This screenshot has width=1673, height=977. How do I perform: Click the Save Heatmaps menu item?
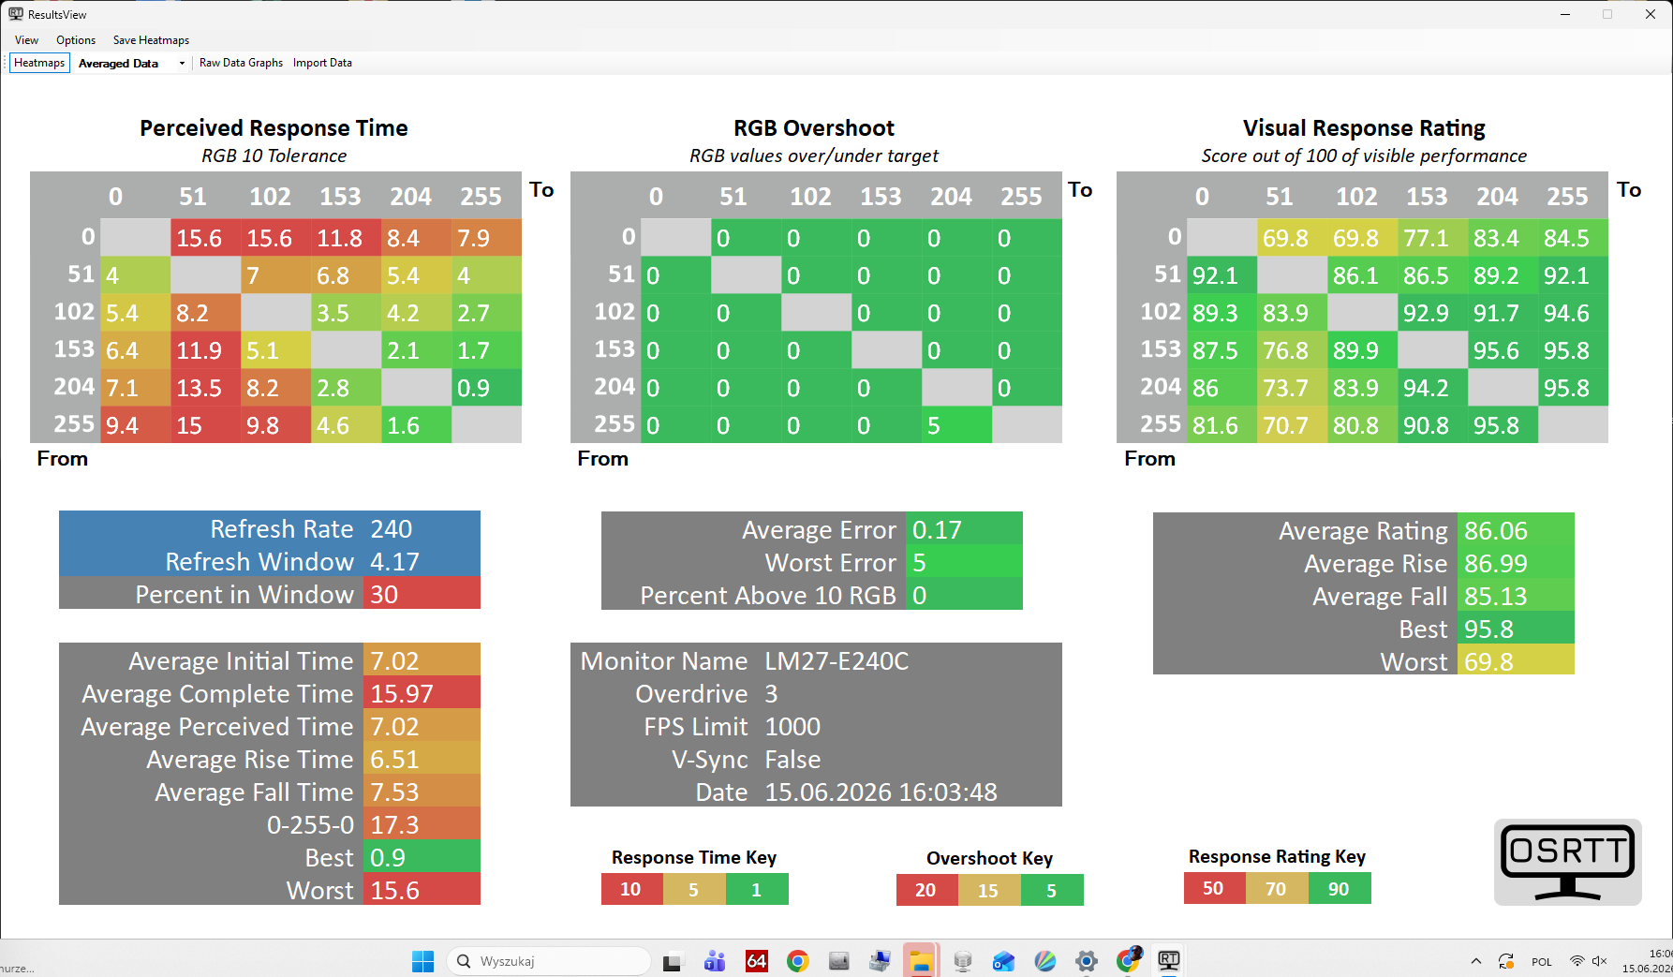coord(151,40)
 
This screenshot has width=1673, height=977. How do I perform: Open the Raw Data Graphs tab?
coord(241,63)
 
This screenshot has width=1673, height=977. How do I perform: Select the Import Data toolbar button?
coord(322,63)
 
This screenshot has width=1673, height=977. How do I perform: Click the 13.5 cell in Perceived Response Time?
coord(205,387)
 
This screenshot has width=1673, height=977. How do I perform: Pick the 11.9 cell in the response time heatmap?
coord(205,349)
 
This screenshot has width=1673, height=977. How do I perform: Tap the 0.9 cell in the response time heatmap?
coord(486,387)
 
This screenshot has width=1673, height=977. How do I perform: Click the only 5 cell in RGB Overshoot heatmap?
coord(956,424)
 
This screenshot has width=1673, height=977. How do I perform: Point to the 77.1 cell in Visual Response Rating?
coord(1432,237)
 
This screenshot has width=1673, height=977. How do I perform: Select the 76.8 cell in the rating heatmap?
coord(1292,349)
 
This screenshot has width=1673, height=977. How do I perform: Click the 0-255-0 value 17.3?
coord(422,824)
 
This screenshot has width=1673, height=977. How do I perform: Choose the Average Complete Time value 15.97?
coord(422,693)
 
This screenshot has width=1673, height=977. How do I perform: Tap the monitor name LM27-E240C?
coord(836,660)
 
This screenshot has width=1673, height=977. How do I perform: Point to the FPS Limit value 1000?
coord(792,726)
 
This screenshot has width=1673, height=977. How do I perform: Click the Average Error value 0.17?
coord(964,529)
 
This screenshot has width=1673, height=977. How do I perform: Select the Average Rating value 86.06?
coord(1516,530)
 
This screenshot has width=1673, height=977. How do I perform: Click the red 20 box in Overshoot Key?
coord(926,890)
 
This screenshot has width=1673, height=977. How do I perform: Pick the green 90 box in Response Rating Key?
coord(1340,888)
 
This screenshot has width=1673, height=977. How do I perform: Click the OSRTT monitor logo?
coord(1568,862)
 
